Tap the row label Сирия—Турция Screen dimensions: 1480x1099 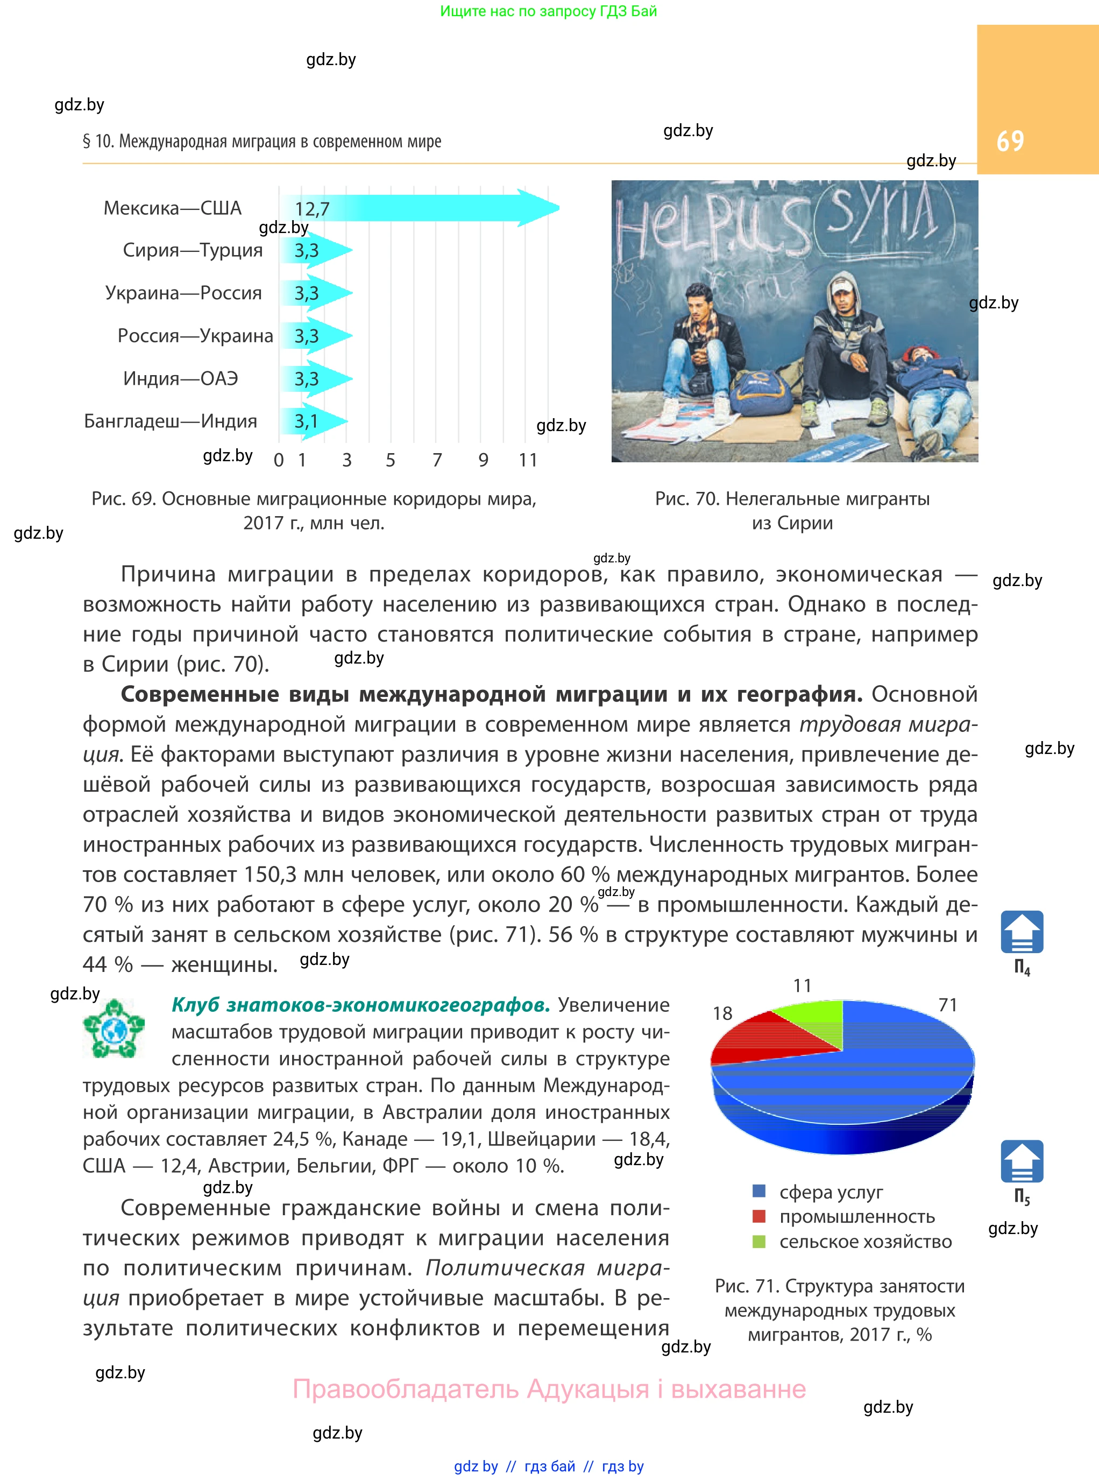point(193,250)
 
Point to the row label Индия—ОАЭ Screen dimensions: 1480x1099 point(180,379)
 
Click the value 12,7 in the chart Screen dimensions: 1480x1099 point(312,209)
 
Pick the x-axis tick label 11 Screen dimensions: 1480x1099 point(528,460)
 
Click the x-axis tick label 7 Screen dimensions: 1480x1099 point(437,460)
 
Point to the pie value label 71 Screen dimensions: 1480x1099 point(947,1005)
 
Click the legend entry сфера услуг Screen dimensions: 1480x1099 point(831,1192)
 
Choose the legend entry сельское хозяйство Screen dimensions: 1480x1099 point(865,1242)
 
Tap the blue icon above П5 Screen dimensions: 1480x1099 point(1021,1161)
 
